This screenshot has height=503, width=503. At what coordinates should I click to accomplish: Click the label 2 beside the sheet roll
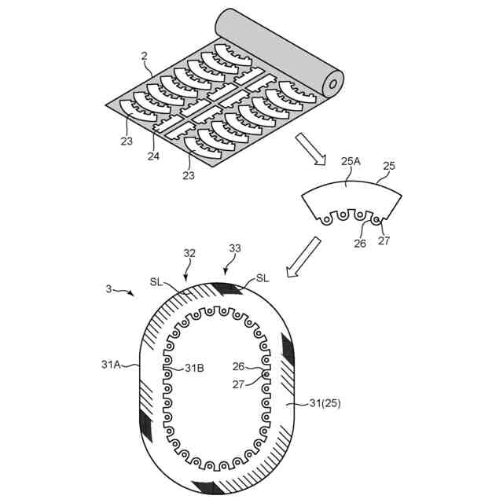145,56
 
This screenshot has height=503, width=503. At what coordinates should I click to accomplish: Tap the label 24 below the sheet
153,156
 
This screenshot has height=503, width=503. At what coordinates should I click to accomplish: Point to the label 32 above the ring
189,254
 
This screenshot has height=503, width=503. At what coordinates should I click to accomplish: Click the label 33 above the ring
234,248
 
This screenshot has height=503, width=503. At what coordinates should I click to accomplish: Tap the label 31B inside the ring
193,367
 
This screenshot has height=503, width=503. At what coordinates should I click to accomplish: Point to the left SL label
156,281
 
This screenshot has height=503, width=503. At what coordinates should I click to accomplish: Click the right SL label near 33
262,279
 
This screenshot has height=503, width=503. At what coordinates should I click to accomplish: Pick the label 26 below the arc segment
359,243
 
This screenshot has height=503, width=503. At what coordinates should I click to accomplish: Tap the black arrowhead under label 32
185,276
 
